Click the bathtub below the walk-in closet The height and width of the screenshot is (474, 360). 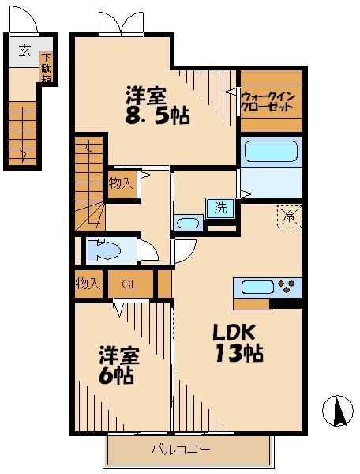pyautogui.click(x=271, y=151)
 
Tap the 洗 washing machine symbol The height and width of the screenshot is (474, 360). pyautogui.click(x=221, y=209)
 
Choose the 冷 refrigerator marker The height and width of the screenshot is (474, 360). pyautogui.click(x=289, y=214)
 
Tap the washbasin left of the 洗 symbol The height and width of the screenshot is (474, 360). pyautogui.click(x=188, y=223)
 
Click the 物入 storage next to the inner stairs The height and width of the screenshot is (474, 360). pyautogui.click(x=122, y=184)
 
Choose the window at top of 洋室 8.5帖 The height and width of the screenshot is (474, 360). pyautogui.click(x=121, y=24)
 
